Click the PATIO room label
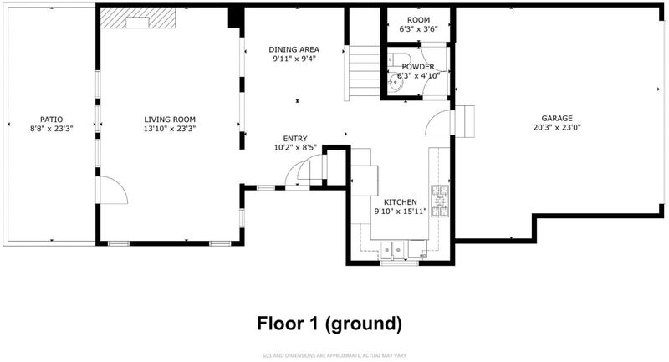[x=51, y=120]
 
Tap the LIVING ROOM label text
[x=170, y=120]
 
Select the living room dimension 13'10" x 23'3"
[x=170, y=129]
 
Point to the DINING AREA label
[x=294, y=49]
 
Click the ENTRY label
[x=295, y=139]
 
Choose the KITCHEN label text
[x=401, y=202]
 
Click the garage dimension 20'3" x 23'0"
[x=557, y=127]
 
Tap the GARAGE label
[x=557, y=118]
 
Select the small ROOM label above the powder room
[x=418, y=20]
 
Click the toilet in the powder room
[x=399, y=58]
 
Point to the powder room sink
[x=396, y=83]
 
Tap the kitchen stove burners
[x=440, y=201]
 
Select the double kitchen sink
[x=393, y=247]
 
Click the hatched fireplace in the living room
[x=138, y=18]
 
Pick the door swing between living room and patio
[x=112, y=190]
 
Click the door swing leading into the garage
[x=438, y=123]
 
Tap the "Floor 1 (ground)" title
[x=329, y=324]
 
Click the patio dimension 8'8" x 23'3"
[x=51, y=129]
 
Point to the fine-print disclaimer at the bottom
[x=334, y=355]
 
